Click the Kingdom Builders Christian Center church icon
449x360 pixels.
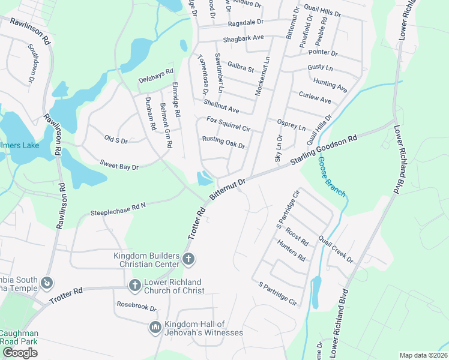pyautogui.click(x=188, y=259)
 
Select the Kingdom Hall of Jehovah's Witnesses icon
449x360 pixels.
pyautogui.click(x=155, y=328)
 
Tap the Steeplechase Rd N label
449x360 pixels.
pyautogui.click(x=118, y=209)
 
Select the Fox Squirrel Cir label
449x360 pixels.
pyautogui.click(x=228, y=124)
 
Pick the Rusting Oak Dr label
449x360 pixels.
pyautogui.click(x=223, y=142)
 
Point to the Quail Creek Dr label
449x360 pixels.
pyautogui.click(x=336, y=248)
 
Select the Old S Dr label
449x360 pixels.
pyautogui.click(x=116, y=140)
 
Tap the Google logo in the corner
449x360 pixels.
pyautogui.click(x=20, y=353)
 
